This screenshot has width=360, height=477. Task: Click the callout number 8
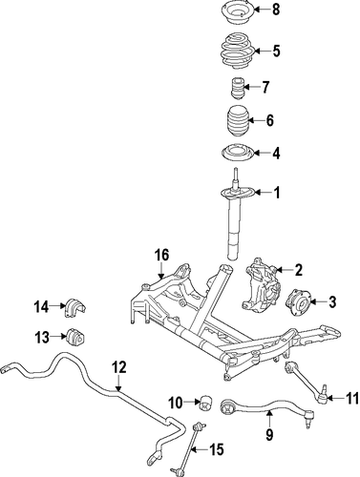(x=275, y=10)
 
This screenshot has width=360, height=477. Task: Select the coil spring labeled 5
(x=236, y=51)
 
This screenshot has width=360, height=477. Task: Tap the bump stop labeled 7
(x=237, y=88)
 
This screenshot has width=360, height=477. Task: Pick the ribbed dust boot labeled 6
(x=237, y=121)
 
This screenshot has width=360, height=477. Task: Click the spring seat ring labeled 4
(x=237, y=155)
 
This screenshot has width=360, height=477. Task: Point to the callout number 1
(x=277, y=193)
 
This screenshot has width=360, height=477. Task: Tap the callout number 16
(x=161, y=256)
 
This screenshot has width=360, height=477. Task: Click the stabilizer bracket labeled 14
(x=75, y=307)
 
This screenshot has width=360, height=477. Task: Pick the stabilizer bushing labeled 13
(x=76, y=337)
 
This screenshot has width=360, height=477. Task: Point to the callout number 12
(x=118, y=367)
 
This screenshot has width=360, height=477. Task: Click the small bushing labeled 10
(x=206, y=403)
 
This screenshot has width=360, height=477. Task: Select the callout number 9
(x=269, y=435)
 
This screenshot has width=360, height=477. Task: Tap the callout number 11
(x=351, y=398)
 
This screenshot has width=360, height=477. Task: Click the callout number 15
(x=217, y=449)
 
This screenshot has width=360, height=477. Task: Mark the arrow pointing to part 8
(x=262, y=10)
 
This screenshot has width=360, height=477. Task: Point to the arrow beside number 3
(x=317, y=301)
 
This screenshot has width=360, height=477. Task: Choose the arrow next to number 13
(x=58, y=336)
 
